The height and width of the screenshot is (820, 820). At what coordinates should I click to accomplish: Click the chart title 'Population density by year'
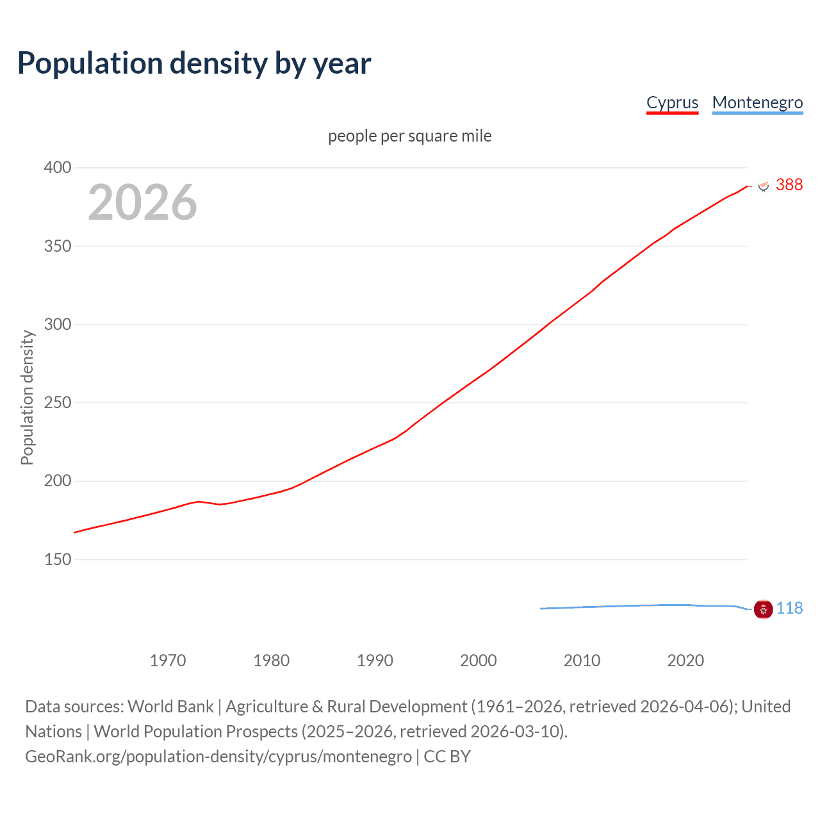point(194,63)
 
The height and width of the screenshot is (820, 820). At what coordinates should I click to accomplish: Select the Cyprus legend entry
point(672,102)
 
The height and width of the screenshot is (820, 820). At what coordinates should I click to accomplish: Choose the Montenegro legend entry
point(757,102)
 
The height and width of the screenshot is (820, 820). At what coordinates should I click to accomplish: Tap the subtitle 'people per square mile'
point(409,136)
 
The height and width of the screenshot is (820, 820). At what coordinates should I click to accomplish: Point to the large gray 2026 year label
point(142,202)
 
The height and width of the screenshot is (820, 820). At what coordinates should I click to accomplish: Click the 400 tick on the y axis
point(58,168)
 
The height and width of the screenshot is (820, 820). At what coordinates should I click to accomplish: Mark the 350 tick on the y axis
point(58,246)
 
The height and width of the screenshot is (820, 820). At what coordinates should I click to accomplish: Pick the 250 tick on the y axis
point(58,403)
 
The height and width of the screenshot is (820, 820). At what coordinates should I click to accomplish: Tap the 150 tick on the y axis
point(58,559)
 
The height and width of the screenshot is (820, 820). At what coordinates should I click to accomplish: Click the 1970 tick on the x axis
point(168,660)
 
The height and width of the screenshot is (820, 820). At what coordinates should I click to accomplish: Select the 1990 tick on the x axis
point(375,660)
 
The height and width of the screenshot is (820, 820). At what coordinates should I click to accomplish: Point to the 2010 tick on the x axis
point(582,660)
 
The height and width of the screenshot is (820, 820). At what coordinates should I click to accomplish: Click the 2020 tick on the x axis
point(685,660)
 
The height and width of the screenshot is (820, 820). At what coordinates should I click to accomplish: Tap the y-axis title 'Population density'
point(27,397)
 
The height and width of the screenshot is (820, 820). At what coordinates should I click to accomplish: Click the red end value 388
point(789,185)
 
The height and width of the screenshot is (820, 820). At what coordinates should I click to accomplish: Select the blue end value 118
point(789,609)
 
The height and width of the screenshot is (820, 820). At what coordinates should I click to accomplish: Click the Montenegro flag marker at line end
point(763,609)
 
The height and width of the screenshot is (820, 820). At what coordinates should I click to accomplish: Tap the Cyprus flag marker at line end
point(763,185)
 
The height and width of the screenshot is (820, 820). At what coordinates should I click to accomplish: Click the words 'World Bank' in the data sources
point(170,707)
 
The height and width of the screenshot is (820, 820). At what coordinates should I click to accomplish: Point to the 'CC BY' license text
point(447,757)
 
